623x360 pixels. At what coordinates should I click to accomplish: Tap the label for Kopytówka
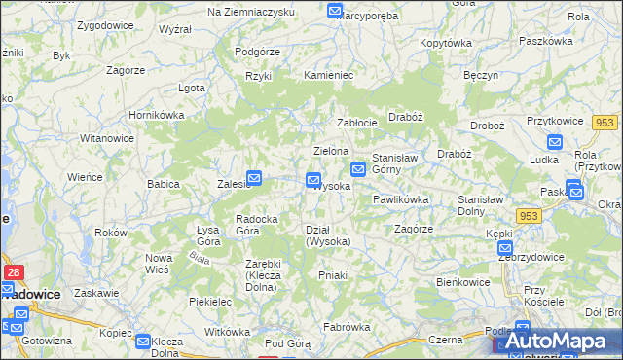coord(446,43)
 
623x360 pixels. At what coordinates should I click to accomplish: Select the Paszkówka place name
coord(545,41)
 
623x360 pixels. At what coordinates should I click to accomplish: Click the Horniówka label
coord(157,114)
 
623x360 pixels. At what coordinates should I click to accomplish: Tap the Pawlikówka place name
coord(400,199)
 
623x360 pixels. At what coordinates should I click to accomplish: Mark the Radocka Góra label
coord(259,225)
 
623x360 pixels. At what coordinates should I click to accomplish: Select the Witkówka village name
coord(227,332)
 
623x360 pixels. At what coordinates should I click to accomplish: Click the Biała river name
coord(201,258)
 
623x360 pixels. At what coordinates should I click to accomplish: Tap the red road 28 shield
coord(15,274)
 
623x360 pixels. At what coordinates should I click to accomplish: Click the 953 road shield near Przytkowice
coord(605,122)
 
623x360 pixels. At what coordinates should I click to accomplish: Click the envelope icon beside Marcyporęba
coord(335,11)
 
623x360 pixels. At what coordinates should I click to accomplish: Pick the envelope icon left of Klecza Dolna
coord(143,342)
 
